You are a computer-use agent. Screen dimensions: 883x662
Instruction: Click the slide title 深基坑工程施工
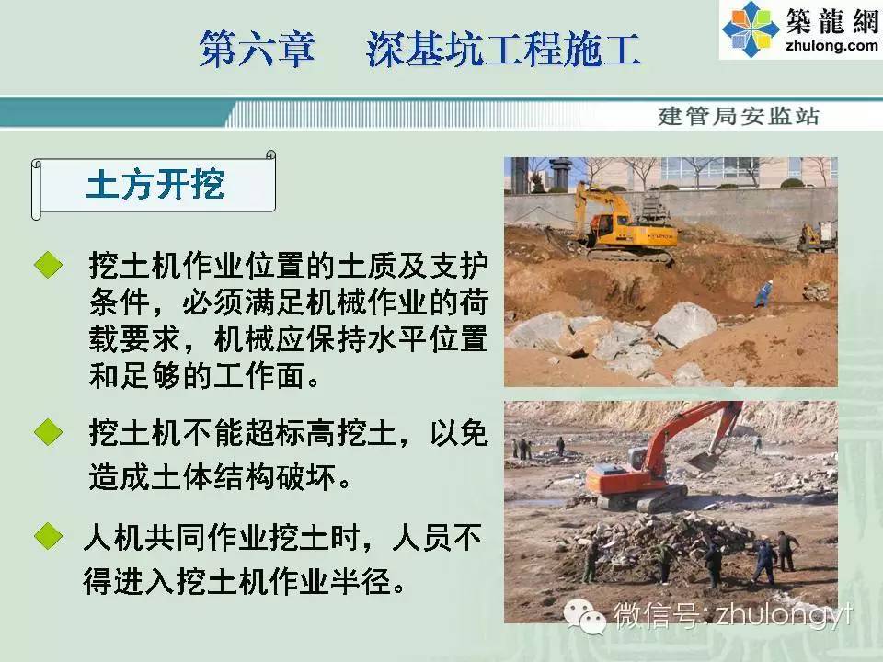point(503,49)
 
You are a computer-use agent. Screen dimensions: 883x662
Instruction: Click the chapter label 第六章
point(257,49)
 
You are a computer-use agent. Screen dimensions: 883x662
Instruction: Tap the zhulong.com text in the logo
point(831,46)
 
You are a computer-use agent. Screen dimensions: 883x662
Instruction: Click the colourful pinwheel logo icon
point(751,29)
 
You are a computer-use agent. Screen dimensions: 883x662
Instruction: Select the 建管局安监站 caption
point(739,116)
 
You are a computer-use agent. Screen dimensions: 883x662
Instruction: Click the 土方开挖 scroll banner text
point(155,184)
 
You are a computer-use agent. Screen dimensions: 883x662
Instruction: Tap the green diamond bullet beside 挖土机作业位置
point(49,265)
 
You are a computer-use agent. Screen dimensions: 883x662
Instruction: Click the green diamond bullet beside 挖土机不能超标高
point(49,432)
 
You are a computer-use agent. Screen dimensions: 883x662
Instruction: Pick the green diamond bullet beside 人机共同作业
point(49,536)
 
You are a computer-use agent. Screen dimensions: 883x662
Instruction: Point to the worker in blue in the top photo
point(763,294)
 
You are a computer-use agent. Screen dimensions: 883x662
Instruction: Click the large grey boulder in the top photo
point(684,325)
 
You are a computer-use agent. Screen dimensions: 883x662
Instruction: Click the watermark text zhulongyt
point(785,615)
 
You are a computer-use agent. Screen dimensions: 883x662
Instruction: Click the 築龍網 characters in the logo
point(832,21)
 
